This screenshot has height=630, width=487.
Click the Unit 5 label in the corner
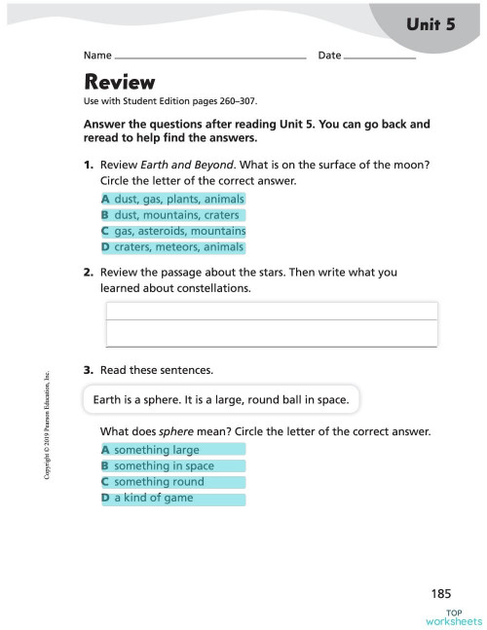click(x=431, y=25)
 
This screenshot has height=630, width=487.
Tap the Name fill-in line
click(x=209, y=57)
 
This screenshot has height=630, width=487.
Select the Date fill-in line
click(x=380, y=57)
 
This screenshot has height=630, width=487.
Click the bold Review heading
click(x=120, y=82)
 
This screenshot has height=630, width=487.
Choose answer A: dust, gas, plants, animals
click(x=172, y=200)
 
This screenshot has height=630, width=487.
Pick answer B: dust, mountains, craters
click(x=170, y=215)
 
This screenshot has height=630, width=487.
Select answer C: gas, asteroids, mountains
click(x=172, y=232)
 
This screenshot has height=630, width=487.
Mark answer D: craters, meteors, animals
click(x=172, y=247)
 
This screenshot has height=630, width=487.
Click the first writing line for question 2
click(x=271, y=311)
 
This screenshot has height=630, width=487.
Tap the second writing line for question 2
click(x=271, y=334)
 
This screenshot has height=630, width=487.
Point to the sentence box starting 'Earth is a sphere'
click(x=222, y=399)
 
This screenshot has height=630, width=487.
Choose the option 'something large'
click(x=172, y=450)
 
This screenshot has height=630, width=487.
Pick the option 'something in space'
click(x=172, y=466)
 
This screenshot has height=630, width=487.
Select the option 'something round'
click(x=172, y=482)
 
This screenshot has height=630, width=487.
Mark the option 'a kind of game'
click(x=172, y=499)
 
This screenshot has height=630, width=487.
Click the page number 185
click(x=442, y=593)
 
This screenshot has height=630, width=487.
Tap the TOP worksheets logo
click(x=453, y=617)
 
